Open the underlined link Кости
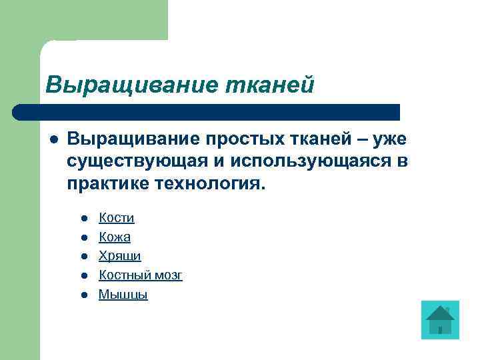point(117,217)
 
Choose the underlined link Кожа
point(115,237)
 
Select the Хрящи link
point(120,256)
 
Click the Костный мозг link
point(141,275)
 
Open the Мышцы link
point(123,294)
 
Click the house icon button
point(440,320)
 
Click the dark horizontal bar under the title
point(207,112)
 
